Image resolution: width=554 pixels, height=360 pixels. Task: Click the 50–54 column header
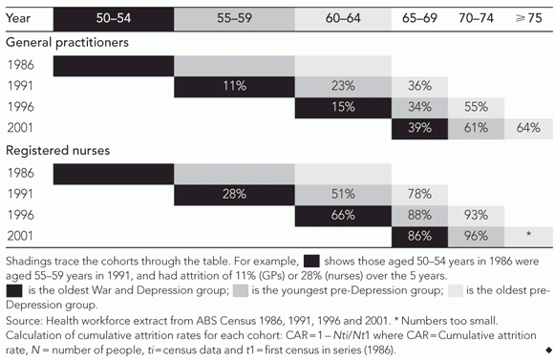pos(114,18)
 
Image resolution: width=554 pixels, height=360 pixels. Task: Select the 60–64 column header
pos(343,18)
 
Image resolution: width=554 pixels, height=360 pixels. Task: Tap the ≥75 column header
pos(528,18)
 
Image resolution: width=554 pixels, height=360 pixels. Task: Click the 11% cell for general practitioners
pos(234,86)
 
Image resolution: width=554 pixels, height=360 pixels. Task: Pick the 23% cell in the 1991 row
pos(343,86)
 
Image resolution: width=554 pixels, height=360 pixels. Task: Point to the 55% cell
pos(477,107)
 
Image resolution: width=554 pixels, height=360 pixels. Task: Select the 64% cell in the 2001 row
pos(528,128)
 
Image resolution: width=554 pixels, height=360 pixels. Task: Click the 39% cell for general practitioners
pos(419,128)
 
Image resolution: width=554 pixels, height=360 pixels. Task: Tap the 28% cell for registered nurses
pos(234,194)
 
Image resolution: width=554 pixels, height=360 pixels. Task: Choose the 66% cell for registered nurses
pos(343,215)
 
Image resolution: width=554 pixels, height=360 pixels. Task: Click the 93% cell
pos(477,215)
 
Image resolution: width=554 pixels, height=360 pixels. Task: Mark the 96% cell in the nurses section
pos(477,236)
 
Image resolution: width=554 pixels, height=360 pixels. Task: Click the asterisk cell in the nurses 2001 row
pos(528,236)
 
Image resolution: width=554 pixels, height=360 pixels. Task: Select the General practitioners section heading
pos(67,43)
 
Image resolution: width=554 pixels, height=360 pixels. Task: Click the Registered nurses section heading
pos(58,151)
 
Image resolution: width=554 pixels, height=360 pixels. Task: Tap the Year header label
pos(18,18)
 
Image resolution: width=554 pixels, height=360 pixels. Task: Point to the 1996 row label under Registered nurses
pos(21,215)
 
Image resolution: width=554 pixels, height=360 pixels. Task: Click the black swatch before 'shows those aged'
pos(311,262)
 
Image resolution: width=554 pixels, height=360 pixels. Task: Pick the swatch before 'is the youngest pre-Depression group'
pos(241,290)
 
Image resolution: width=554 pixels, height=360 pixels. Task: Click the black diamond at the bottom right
pos(548,350)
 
